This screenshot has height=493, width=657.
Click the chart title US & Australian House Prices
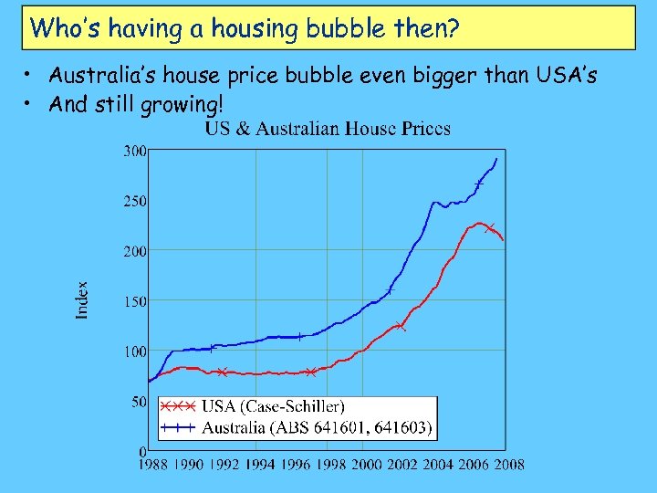(x=327, y=129)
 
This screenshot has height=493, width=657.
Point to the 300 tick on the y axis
(x=135, y=151)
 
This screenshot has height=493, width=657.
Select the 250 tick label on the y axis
(x=135, y=201)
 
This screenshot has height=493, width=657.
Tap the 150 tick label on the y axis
(x=135, y=301)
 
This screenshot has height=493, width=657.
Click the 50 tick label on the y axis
(x=138, y=402)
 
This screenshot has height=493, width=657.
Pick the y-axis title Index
(x=82, y=299)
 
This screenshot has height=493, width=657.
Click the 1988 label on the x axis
(x=153, y=465)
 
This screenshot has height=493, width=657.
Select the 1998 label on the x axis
(x=330, y=465)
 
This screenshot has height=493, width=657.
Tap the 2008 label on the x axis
(x=508, y=465)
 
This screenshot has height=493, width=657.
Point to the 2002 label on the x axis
(x=401, y=465)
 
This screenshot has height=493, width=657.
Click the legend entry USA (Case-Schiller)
(x=273, y=405)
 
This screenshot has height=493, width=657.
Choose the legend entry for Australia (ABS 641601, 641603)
(x=317, y=426)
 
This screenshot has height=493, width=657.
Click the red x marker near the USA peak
(x=489, y=227)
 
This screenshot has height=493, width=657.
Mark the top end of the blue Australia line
(x=496, y=159)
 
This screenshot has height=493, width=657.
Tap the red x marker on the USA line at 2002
(x=401, y=326)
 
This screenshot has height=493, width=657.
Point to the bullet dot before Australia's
(x=30, y=75)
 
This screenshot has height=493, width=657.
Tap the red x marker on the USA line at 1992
(x=223, y=372)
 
